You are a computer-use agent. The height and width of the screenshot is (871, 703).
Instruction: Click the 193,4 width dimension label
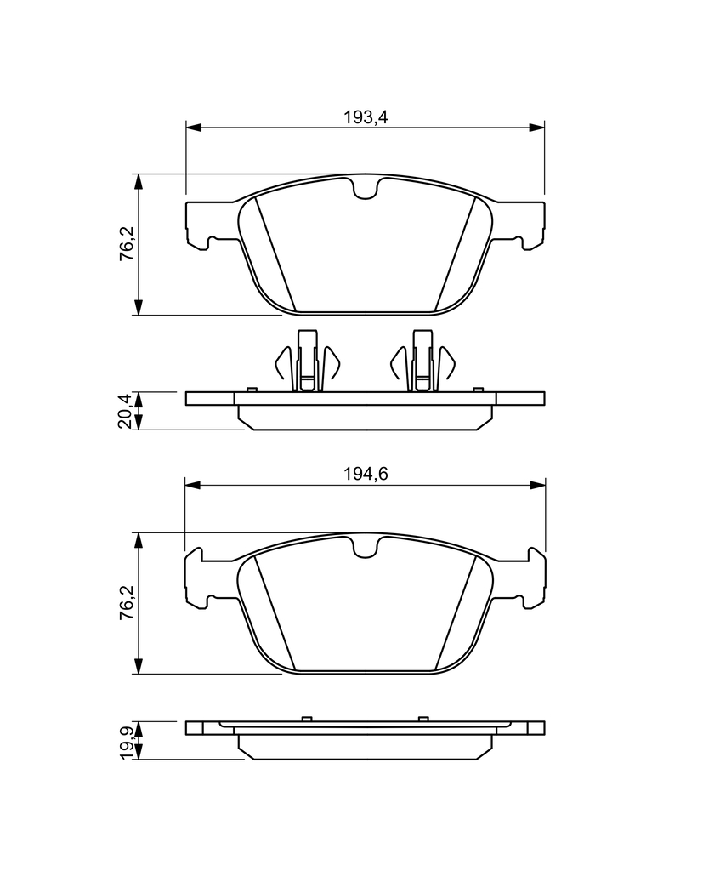[x=365, y=117]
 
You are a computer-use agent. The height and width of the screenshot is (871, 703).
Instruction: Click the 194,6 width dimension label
[x=365, y=474]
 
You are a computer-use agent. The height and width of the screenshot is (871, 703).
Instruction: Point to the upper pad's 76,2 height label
[x=128, y=243]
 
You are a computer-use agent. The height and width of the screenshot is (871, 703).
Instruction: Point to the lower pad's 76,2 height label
[x=128, y=602]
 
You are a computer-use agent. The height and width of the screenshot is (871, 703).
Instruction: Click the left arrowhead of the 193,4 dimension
[x=193, y=128]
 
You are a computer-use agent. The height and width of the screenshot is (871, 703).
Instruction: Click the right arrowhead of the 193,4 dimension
[x=537, y=128]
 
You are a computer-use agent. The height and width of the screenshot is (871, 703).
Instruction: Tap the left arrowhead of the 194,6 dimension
[x=193, y=485]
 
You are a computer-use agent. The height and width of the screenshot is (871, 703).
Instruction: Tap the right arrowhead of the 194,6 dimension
[x=537, y=485]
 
